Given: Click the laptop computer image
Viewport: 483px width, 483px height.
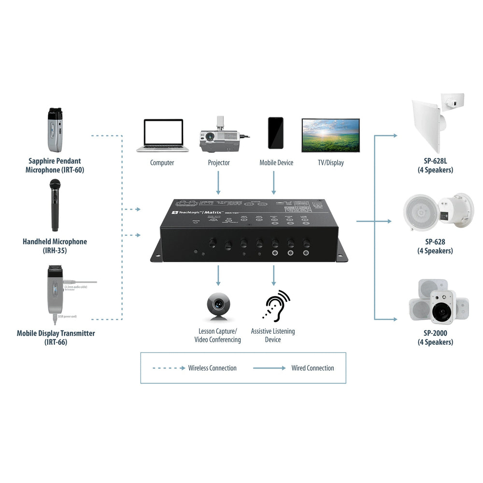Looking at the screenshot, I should click(x=162, y=136).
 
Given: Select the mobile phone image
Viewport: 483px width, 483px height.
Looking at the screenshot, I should click(x=276, y=133).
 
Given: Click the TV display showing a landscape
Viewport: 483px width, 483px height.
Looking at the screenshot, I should click(x=330, y=135).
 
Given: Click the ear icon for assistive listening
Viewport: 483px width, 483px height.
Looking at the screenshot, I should click(x=275, y=306).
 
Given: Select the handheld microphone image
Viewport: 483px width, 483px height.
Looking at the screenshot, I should click(x=55, y=205).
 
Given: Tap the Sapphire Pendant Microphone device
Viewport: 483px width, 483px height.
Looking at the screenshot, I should click(x=54, y=129).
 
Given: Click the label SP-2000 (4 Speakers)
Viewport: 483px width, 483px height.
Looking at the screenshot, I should click(x=435, y=338).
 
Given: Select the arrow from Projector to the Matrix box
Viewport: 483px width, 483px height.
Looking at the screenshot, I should click(x=218, y=184).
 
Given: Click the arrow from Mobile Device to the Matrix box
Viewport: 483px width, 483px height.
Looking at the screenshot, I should click(x=274, y=184).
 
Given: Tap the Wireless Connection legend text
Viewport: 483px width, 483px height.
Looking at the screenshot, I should click(x=212, y=368).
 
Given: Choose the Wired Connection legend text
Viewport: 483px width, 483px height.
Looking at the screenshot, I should click(x=313, y=368).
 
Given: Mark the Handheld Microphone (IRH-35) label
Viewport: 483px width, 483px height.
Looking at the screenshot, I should click(x=55, y=246).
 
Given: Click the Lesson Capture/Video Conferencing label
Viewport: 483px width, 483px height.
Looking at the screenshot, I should click(x=217, y=336).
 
